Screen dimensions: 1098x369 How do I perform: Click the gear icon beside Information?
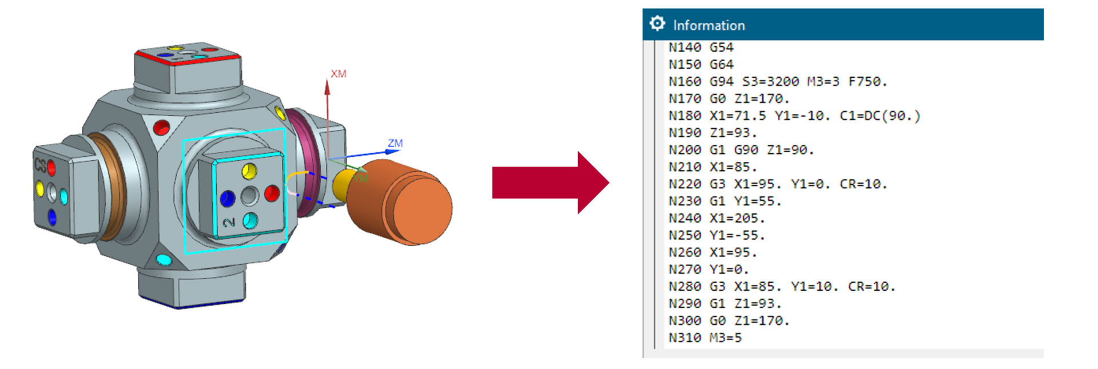[x=657, y=23]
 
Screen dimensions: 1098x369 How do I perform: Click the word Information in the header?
[x=709, y=25]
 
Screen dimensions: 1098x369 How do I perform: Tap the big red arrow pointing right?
[x=551, y=183]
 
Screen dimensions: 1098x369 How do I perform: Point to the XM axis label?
[x=339, y=74]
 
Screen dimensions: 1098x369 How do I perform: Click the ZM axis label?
[x=395, y=143]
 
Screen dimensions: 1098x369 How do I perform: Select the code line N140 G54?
[x=701, y=47]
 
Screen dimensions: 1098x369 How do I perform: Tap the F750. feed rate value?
[x=868, y=82]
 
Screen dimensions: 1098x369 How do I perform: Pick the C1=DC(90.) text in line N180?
[x=880, y=116]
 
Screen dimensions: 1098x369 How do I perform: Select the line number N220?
[x=685, y=184]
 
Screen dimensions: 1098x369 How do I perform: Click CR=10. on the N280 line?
[x=872, y=287]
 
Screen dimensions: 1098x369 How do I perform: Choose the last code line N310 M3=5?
[x=705, y=338]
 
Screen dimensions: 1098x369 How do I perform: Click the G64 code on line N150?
[x=722, y=65]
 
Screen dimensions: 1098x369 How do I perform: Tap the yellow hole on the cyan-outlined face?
[x=249, y=170]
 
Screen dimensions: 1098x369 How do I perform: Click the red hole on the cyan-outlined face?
[x=272, y=193]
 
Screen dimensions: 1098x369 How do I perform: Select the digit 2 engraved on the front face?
[x=229, y=222]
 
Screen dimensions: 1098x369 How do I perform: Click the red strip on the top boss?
[x=186, y=59]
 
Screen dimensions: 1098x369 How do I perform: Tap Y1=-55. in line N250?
[x=737, y=236]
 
